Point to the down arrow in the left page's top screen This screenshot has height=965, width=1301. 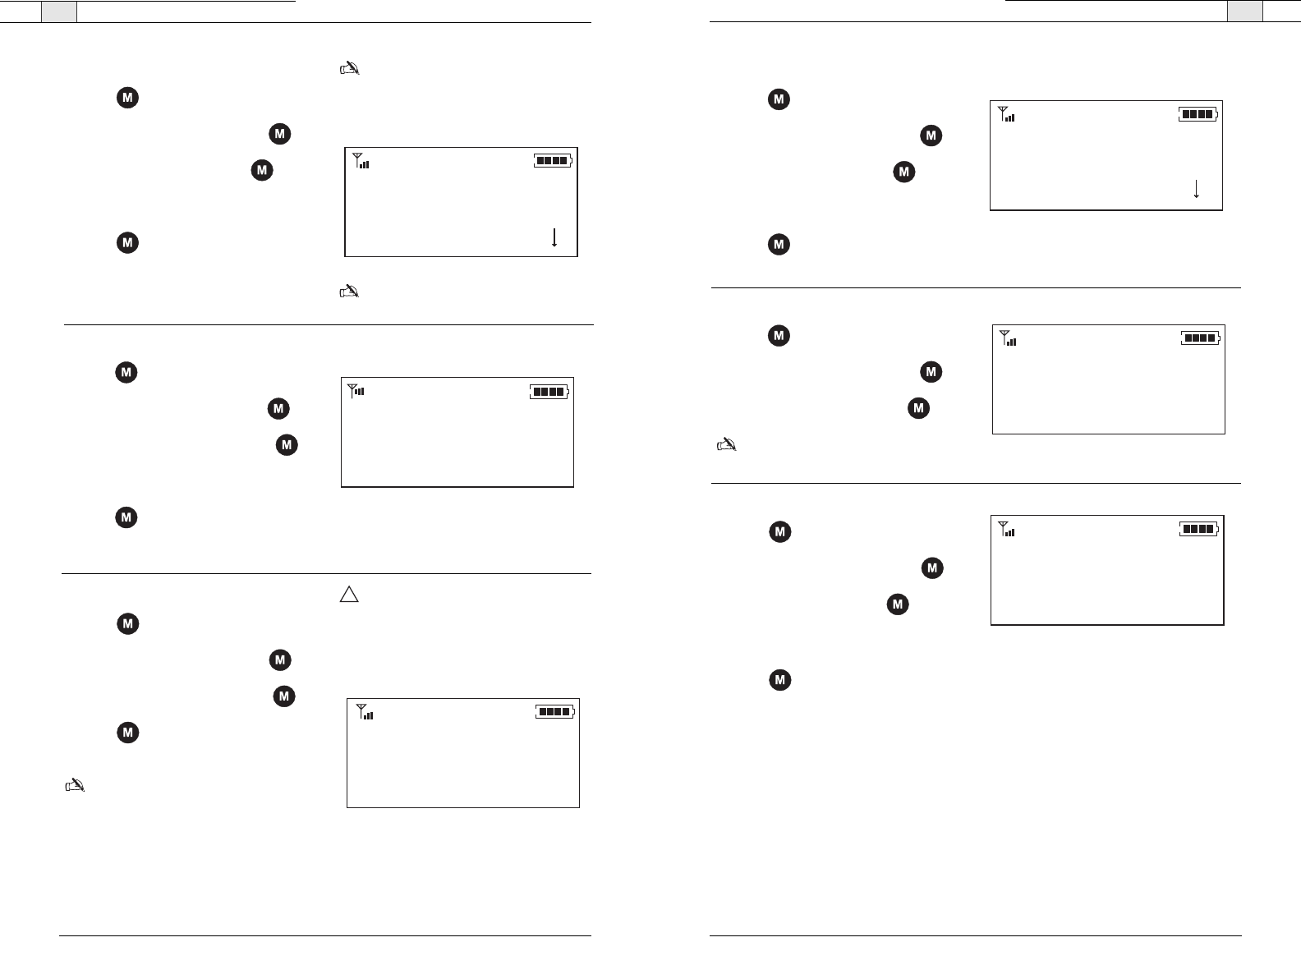(554, 238)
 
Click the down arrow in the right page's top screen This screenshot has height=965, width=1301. (1196, 189)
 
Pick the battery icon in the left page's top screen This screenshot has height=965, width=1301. (553, 161)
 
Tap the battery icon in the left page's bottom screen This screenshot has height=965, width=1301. (556, 711)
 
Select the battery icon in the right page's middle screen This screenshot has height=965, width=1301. (1202, 338)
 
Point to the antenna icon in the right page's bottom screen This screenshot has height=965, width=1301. (1006, 529)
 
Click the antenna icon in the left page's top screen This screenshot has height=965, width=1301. (361, 161)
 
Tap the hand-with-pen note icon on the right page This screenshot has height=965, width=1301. (727, 445)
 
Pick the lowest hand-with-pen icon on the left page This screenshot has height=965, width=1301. (75, 786)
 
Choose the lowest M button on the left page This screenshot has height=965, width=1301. (126, 733)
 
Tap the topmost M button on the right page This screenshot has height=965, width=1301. (779, 100)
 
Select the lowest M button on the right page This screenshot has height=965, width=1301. (779, 680)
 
